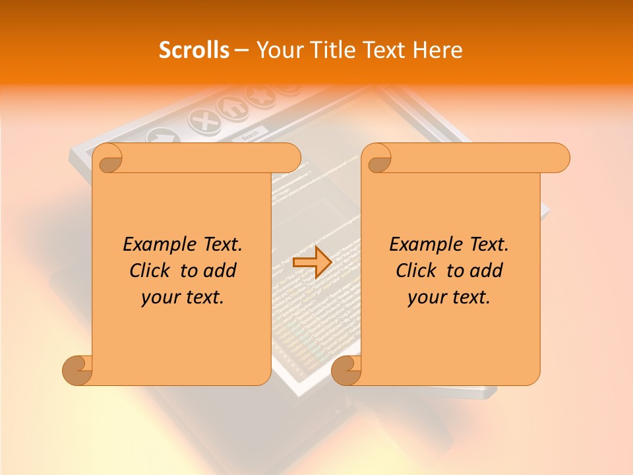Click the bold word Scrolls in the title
coord(194,50)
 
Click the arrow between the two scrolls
coord(312,263)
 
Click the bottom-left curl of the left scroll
coord(77,370)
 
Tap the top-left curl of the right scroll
coord(378,159)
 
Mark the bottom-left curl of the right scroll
coord(346,370)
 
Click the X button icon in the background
coord(204,121)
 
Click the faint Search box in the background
coord(251,136)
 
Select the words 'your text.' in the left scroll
coord(183,298)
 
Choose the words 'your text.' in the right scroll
coord(449,298)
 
